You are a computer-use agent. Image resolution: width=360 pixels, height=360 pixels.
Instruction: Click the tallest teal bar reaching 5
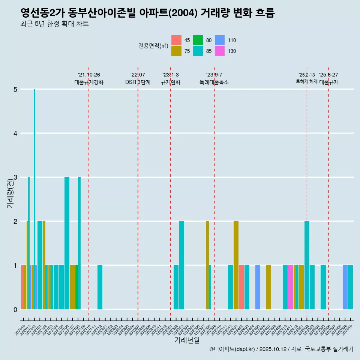(34, 199)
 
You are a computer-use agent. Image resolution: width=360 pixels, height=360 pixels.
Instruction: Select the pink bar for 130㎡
(290, 287)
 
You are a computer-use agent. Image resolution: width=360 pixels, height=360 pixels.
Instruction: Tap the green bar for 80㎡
(76, 287)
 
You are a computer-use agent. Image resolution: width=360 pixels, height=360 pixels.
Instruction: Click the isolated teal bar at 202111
(100, 287)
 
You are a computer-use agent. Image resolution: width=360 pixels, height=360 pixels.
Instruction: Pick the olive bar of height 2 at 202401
(236, 265)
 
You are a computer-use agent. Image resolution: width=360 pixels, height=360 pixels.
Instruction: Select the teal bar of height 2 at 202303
(181, 265)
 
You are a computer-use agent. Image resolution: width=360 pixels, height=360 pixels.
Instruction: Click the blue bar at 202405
(258, 287)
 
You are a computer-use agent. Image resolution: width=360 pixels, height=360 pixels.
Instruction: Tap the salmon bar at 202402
(241, 287)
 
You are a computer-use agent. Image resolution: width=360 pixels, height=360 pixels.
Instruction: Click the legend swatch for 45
(176, 40)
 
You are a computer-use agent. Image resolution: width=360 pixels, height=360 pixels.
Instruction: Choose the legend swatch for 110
(220, 40)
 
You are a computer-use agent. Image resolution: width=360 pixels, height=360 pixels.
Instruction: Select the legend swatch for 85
(198, 51)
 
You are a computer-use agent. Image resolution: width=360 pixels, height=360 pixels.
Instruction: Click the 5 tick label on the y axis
(15, 89)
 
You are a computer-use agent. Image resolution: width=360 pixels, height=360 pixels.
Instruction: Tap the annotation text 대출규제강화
(89, 82)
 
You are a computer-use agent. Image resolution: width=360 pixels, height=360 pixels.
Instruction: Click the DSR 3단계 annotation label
(138, 82)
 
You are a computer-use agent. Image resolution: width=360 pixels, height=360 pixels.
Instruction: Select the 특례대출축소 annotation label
(214, 82)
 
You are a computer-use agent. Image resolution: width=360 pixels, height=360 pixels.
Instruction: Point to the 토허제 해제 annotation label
(306, 81)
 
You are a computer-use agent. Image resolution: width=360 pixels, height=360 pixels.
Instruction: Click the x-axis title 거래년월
(187, 340)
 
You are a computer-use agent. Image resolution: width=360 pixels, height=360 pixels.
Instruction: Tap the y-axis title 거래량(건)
(10, 193)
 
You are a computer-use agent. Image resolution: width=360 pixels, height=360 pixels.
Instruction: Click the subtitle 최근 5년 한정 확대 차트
(55, 24)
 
